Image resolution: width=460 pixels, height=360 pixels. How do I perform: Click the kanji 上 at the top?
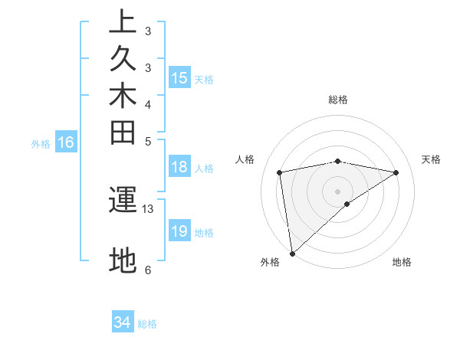(123, 22)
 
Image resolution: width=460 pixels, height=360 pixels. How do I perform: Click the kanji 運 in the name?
(123, 200)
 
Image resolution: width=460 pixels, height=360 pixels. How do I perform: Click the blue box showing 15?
(179, 77)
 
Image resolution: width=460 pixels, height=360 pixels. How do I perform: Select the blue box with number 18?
(179, 168)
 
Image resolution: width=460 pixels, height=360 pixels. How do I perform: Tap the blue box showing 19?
(179, 231)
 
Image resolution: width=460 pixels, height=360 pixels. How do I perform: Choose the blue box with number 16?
(67, 142)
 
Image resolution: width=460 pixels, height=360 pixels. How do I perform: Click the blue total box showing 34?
(123, 322)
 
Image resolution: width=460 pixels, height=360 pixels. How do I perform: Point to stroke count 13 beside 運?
(148, 208)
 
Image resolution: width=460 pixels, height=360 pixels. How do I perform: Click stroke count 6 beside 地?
(148, 270)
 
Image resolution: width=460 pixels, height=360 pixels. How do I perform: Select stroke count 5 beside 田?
(148, 141)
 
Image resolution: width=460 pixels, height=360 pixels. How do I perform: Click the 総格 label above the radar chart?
(338, 100)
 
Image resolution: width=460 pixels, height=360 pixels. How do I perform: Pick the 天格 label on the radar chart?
(432, 159)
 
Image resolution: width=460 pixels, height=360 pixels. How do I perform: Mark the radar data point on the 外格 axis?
(292, 254)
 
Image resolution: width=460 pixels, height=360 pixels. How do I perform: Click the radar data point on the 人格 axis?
(281, 172)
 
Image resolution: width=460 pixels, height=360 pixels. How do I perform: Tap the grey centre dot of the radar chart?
(338, 191)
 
